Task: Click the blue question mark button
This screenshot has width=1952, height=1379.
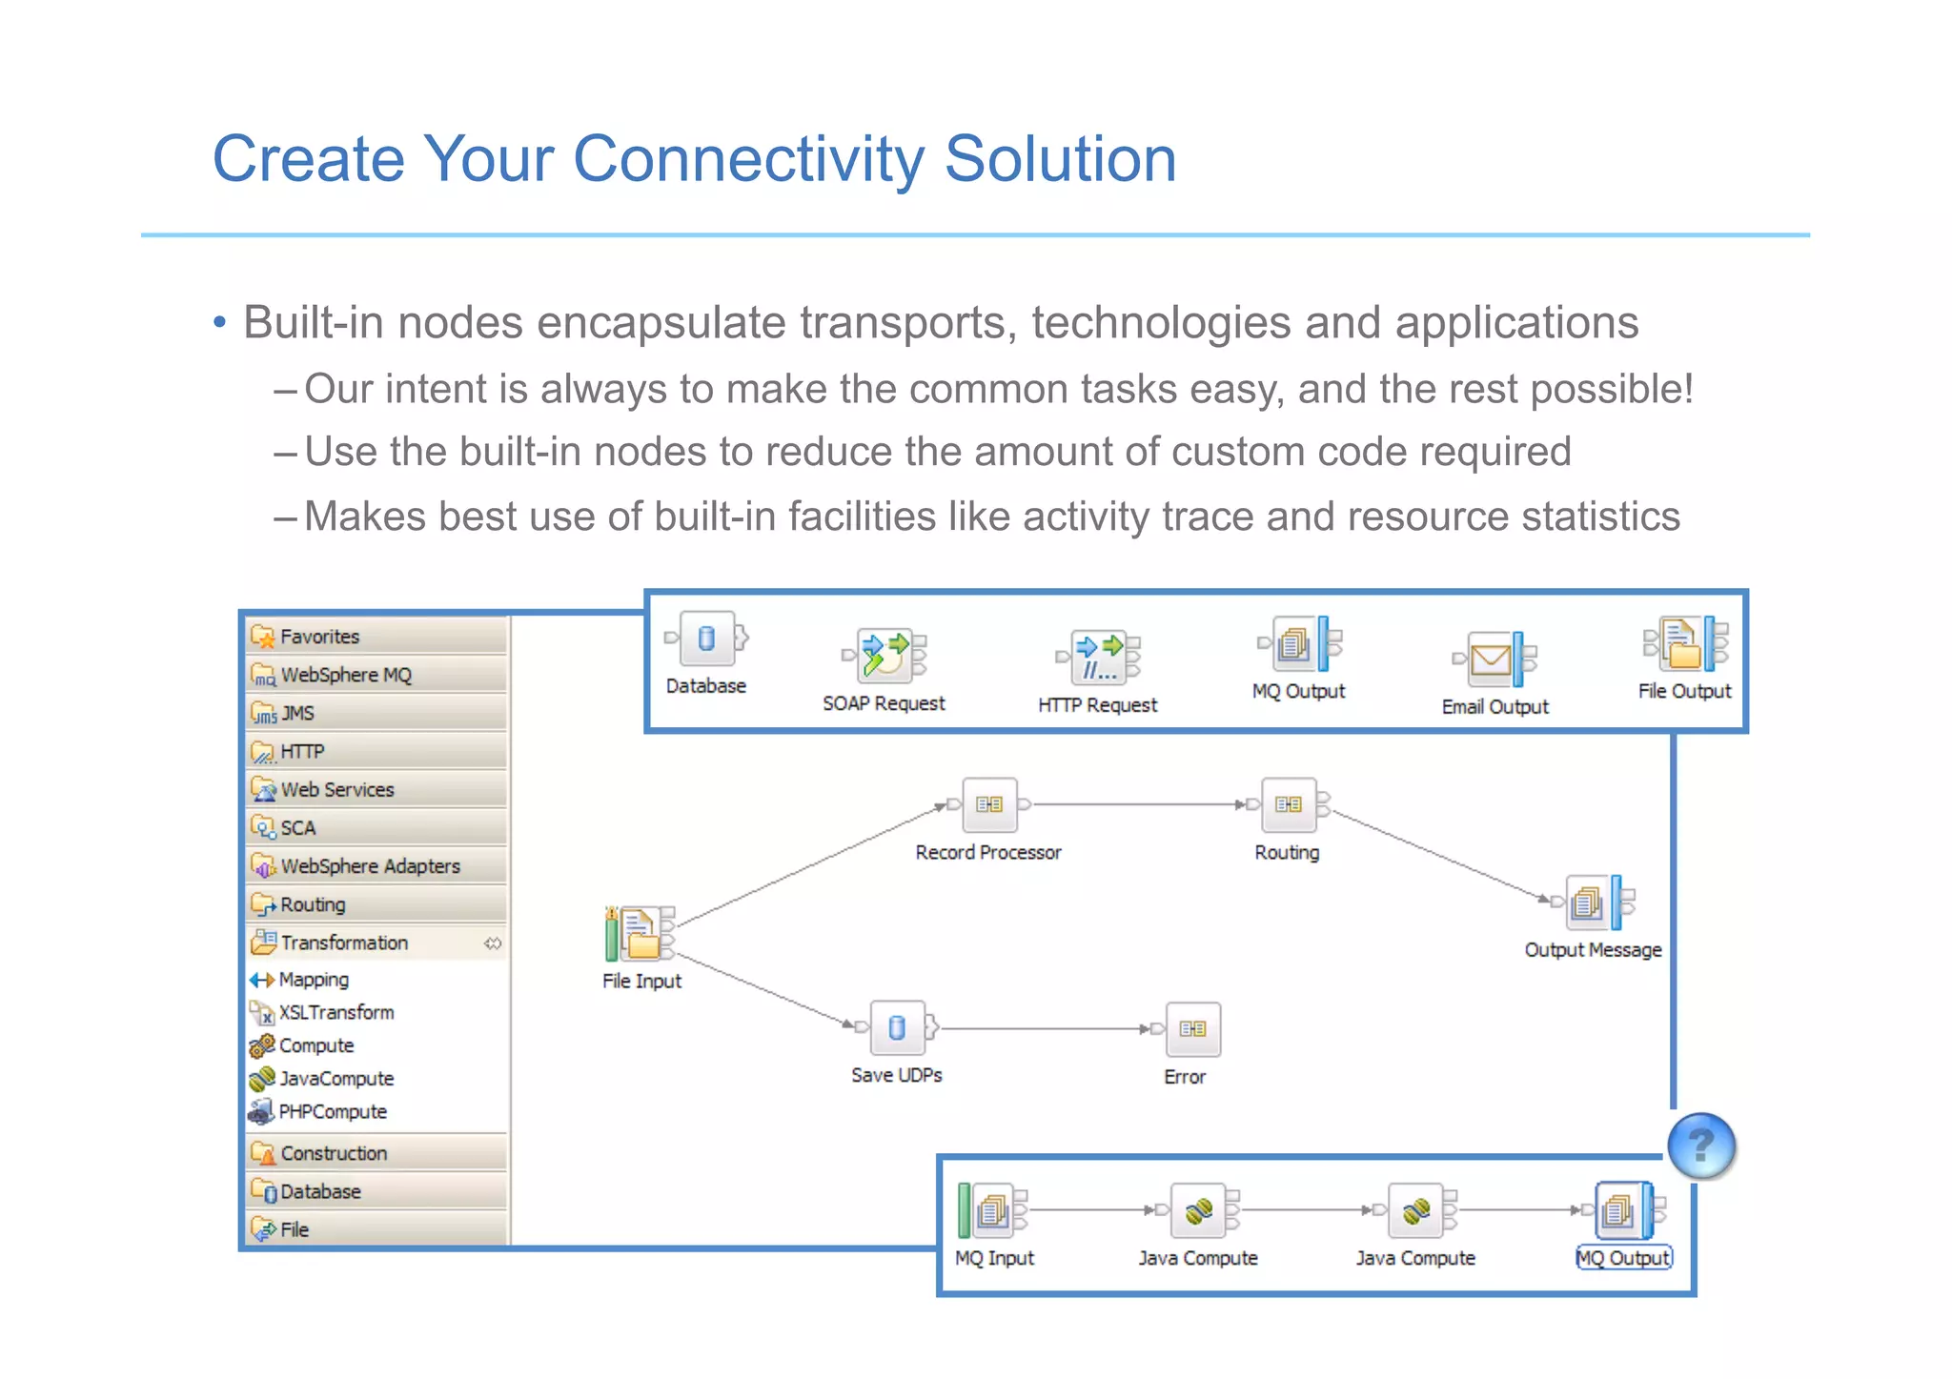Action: coord(1701,1146)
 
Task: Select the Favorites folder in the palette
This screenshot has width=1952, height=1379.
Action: coord(319,637)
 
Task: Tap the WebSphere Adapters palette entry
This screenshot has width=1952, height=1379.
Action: coord(370,866)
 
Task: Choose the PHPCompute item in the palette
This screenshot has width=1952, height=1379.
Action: coord(332,1112)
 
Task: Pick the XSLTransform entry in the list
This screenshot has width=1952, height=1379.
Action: coord(335,1012)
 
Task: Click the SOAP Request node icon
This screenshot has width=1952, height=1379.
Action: coord(886,655)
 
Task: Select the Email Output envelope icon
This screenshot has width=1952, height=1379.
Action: coord(1492,659)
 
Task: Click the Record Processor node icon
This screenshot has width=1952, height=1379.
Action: coord(989,805)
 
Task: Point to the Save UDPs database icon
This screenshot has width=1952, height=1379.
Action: coord(897,1027)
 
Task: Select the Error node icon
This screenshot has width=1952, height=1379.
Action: coord(1192,1029)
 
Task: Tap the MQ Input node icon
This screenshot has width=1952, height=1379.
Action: coord(992,1211)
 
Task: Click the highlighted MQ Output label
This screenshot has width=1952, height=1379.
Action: coord(1623,1258)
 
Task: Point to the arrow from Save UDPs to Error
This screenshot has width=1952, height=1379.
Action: coord(1044,1029)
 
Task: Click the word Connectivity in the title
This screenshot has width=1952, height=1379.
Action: coord(747,159)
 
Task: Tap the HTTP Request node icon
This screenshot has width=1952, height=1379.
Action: coord(1100,657)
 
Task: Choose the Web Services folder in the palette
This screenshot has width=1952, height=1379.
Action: coord(336,790)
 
